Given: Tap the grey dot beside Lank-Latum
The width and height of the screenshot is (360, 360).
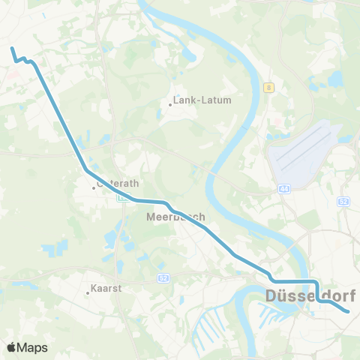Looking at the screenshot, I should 170,105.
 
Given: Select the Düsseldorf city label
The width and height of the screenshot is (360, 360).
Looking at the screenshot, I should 310,296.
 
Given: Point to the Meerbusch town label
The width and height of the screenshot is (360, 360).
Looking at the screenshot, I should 175,217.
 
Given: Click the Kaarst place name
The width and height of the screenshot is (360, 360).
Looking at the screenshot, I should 106,287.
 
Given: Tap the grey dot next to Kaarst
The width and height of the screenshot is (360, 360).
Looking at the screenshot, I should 87,293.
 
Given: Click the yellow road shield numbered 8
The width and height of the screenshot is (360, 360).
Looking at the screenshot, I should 268,88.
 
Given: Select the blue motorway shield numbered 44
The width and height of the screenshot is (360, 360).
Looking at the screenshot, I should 284,190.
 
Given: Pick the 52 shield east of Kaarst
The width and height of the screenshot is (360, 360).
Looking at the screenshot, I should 163,277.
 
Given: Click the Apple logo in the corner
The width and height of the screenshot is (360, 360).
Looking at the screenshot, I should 11,347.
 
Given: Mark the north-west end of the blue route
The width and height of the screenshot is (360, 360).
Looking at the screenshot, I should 12,49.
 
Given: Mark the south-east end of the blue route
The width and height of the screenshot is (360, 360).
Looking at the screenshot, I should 349,310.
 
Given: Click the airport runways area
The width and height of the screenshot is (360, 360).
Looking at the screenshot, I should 304,154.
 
